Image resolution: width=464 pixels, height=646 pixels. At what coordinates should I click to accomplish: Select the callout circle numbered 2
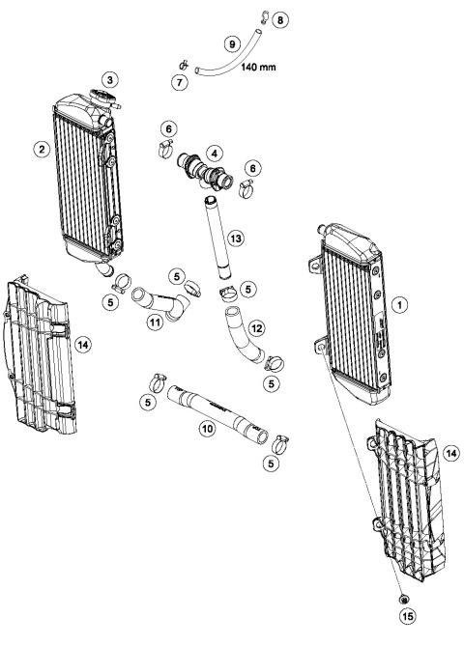[41, 148]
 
